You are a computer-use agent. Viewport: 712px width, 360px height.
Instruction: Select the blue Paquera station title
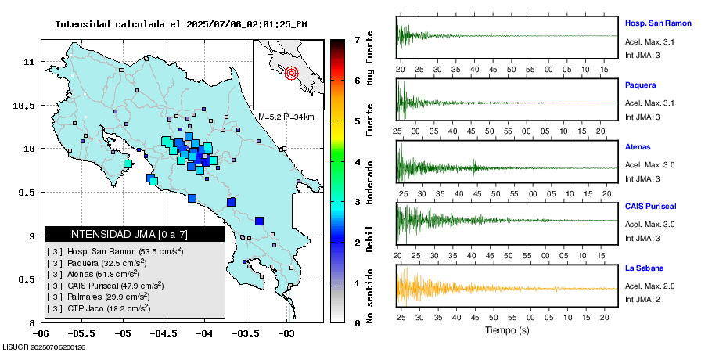[x=640, y=85]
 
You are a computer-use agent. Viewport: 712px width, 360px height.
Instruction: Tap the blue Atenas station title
[x=638, y=146]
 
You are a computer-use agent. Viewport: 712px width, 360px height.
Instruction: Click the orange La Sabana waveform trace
[x=438, y=288]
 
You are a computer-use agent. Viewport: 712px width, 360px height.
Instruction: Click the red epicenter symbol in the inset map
[x=292, y=74]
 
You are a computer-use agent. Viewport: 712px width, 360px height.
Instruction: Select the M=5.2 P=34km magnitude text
[x=286, y=117]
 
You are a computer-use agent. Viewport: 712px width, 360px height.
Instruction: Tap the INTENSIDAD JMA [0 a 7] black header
[x=135, y=234]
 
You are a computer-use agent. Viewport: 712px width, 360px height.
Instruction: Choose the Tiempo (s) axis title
[x=507, y=330]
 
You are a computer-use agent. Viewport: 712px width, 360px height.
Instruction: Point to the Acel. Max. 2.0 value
[x=649, y=286]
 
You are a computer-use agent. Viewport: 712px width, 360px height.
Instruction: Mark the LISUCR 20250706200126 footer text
[x=44, y=347]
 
